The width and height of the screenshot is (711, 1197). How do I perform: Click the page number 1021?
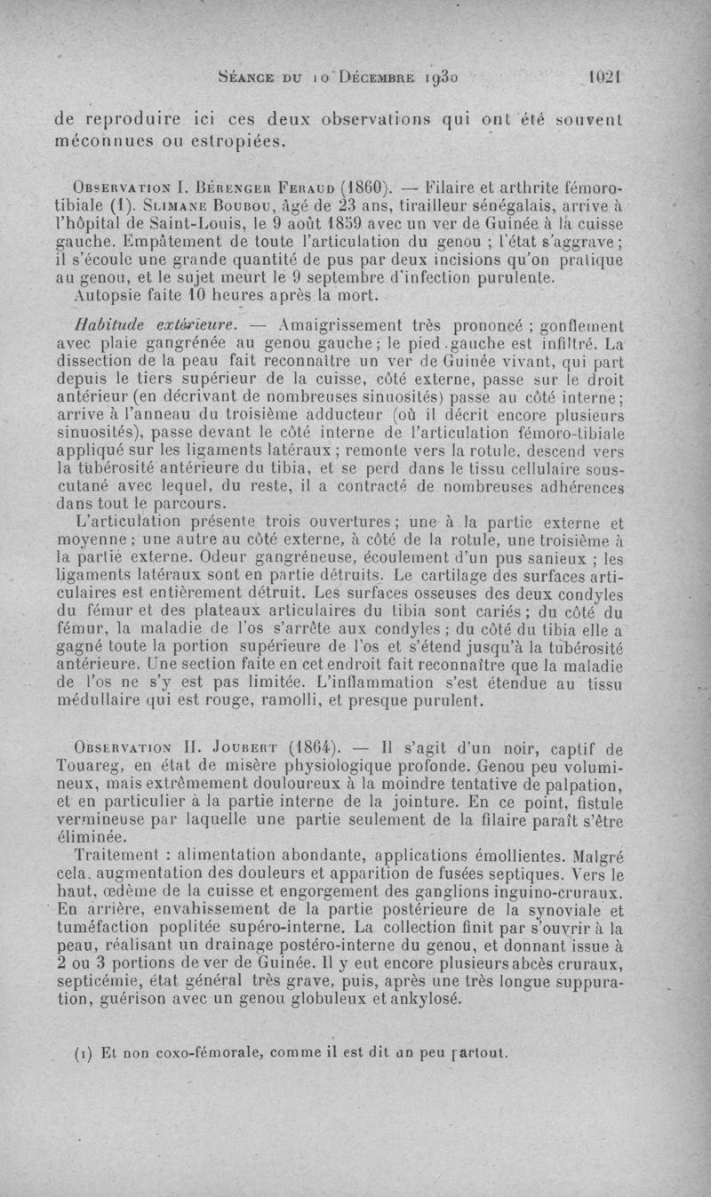[603, 77]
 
